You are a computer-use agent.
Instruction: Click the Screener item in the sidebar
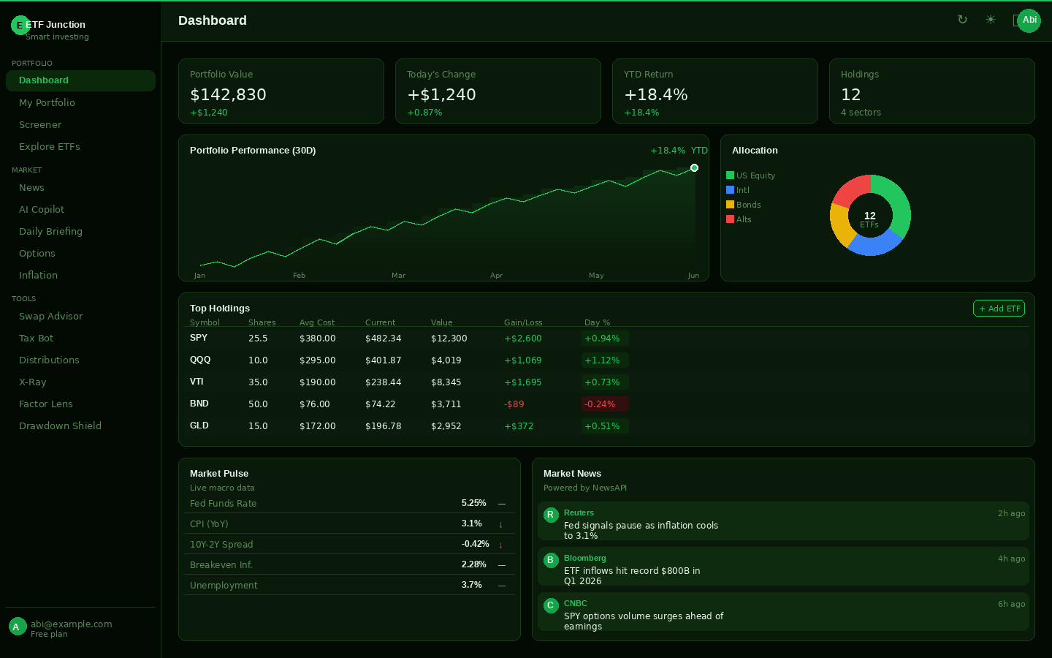click(x=40, y=125)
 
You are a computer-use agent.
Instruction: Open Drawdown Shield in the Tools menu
click(x=60, y=426)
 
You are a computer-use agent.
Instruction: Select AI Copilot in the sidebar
click(x=42, y=210)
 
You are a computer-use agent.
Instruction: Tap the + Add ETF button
click(x=999, y=309)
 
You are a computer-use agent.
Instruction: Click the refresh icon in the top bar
click(x=962, y=20)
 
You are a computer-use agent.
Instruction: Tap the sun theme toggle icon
click(x=991, y=20)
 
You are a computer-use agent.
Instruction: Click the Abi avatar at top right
click(x=1029, y=20)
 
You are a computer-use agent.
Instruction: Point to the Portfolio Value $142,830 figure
click(x=228, y=95)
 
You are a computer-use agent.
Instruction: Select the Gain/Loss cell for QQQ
click(x=523, y=360)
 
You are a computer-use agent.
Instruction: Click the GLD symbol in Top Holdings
click(x=199, y=426)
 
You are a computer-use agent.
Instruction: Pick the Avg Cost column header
click(x=317, y=322)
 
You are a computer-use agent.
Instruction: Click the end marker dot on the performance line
click(x=694, y=168)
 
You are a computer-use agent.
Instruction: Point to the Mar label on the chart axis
click(x=398, y=276)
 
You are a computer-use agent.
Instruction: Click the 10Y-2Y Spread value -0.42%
click(x=475, y=544)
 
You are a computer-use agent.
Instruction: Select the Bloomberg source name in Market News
click(x=584, y=558)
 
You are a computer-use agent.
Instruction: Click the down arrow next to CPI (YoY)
click(x=501, y=524)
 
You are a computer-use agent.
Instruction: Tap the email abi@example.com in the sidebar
click(x=71, y=624)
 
